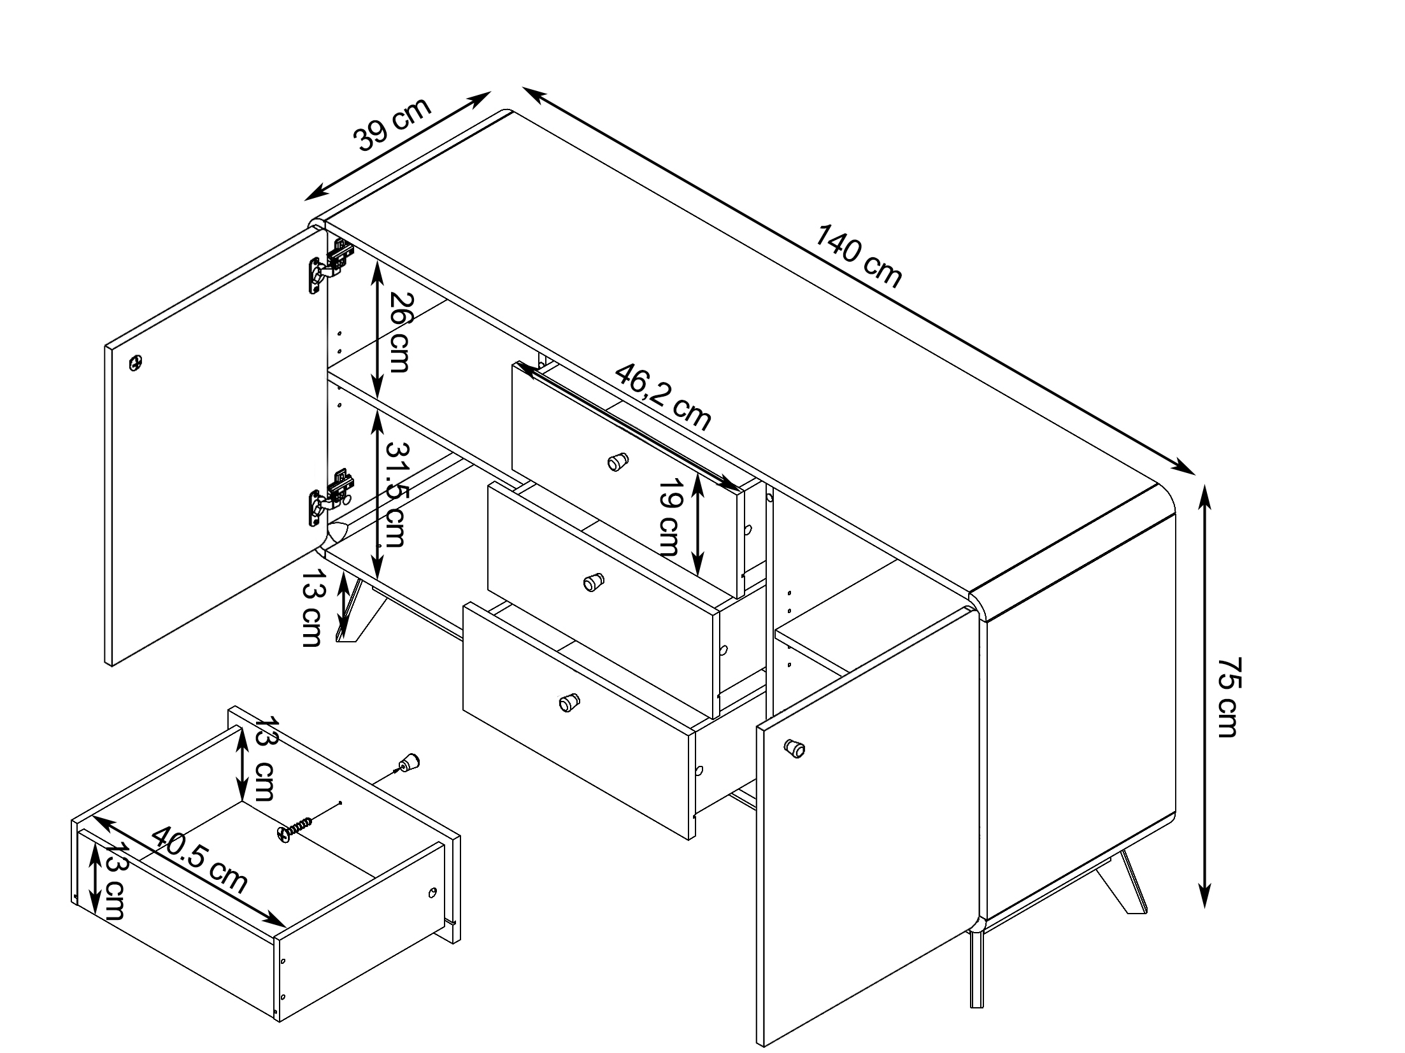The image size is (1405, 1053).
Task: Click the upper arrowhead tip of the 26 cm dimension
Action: click(x=378, y=260)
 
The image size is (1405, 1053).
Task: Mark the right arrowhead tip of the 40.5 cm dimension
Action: click(x=286, y=927)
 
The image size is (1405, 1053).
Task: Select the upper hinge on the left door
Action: click(x=331, y=265)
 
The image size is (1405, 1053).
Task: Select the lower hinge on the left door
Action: click(x=331, y=497)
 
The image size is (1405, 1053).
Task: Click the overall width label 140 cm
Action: click(x=858, y=257)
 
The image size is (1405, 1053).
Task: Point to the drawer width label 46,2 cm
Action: click(x=662, y=397)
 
